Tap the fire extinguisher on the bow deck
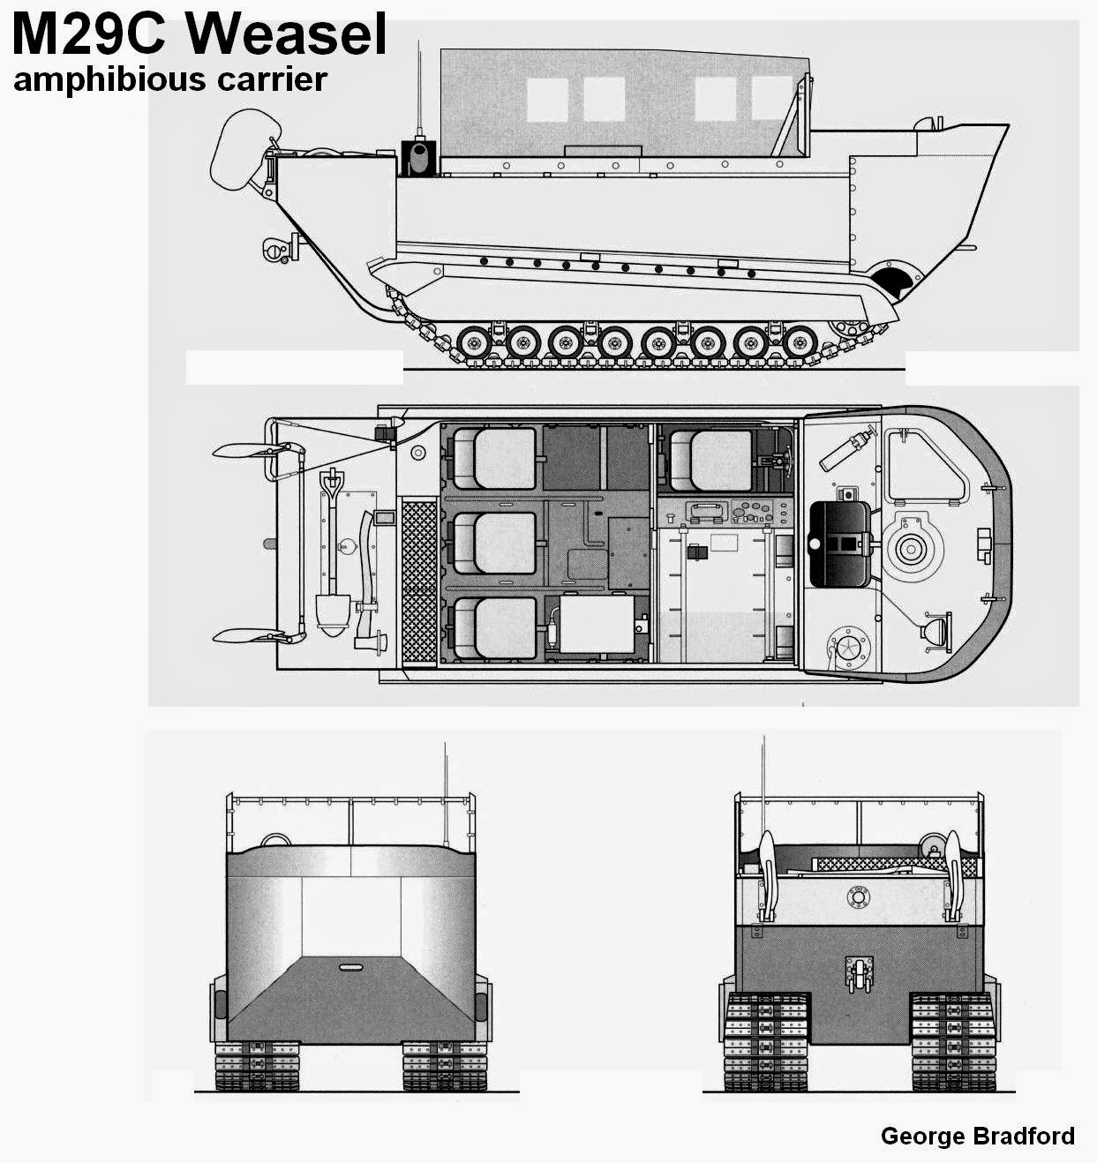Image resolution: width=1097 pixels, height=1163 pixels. [x=847, y=450]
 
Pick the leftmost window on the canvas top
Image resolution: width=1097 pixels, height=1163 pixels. [x=548, y=100]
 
